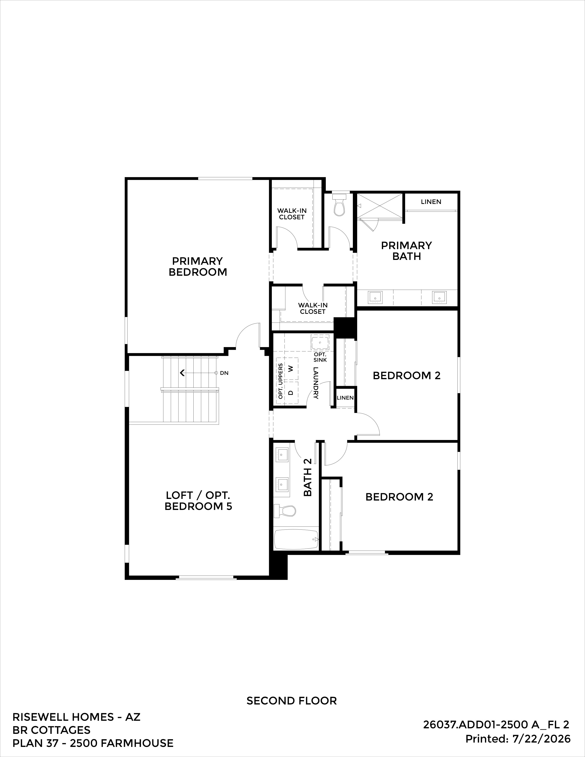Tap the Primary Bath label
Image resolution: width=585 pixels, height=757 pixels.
[407, 251]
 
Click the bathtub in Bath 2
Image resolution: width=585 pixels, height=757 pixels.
[296, 539]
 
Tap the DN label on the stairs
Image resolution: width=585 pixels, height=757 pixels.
[224, 373]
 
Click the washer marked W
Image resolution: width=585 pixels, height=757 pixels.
[291, 368]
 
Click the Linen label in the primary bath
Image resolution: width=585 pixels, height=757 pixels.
[431, 202]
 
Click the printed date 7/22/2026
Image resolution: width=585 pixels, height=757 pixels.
[541, 739]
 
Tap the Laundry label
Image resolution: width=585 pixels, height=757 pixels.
[316, 383]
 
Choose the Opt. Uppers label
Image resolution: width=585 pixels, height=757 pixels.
[280, 381]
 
